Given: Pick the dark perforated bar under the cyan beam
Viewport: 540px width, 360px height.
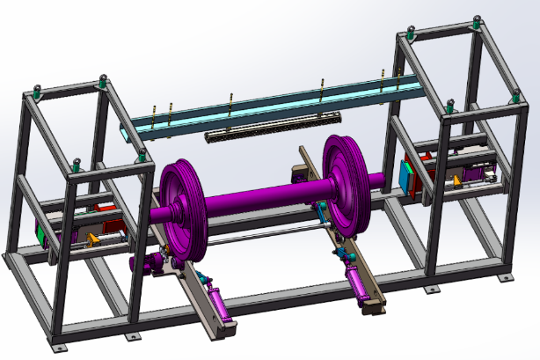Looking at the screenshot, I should point(273,126).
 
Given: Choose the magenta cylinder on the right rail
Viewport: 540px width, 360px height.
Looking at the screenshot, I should point(361,281).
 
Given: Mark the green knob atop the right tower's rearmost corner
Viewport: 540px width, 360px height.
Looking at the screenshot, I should point(478,20).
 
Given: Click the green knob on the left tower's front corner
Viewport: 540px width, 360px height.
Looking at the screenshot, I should point(142,156).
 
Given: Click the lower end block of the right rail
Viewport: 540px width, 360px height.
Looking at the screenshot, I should point(375,308).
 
